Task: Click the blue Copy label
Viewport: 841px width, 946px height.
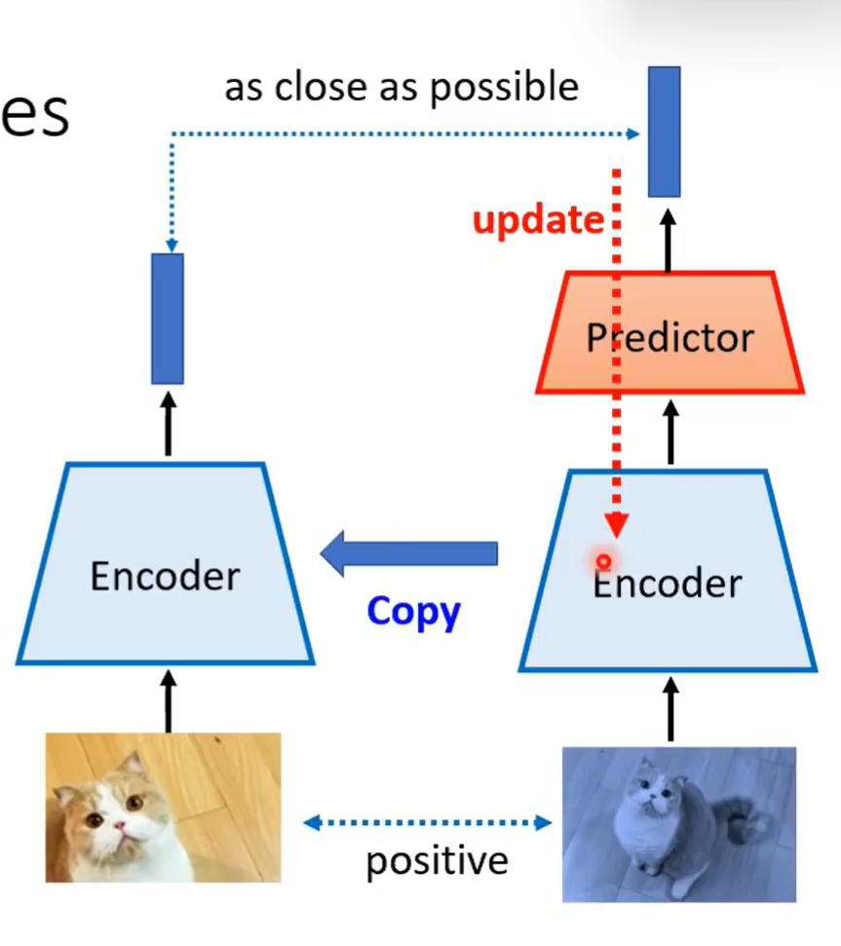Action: [x=413, y=612]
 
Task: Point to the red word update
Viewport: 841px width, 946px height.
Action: [x=537, y=220]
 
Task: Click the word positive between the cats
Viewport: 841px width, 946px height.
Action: [x=437, y=860]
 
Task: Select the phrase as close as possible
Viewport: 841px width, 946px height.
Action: [x=401, y=88]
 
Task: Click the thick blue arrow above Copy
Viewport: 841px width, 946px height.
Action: [x=409, y=553]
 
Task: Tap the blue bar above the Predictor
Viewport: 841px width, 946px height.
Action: [x=665, y=131]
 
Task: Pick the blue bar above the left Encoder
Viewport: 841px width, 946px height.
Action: [x=168, y=319]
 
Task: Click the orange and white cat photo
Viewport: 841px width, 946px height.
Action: [x=163, y=807]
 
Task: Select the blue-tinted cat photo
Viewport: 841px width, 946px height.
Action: [x=678, y=824]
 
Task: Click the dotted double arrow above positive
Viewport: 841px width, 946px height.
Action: [x=427, y=823]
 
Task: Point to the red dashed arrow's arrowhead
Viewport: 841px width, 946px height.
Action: [x=615, y=526]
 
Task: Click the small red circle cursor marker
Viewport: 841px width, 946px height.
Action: [x=603, y=561]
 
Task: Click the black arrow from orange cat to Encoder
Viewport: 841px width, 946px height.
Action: [x=168, y=700]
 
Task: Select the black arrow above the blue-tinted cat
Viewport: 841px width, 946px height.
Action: [x=670, y=709]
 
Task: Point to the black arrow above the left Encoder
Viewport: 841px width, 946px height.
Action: [x=168, y=423]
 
